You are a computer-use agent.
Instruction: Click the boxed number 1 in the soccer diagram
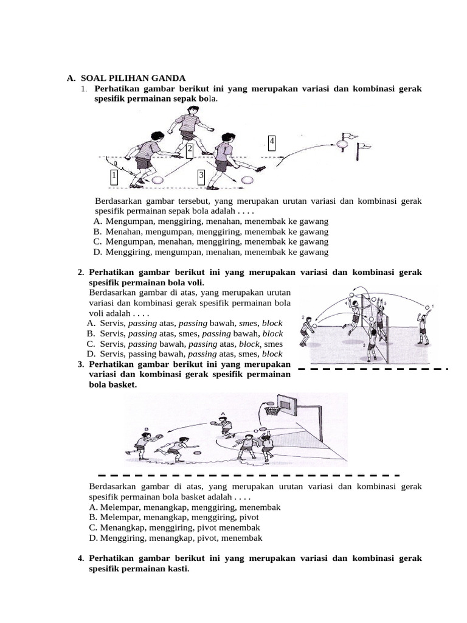point(114,177)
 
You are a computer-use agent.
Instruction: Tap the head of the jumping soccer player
point(193,111)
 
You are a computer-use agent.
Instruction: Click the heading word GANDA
point(166,78)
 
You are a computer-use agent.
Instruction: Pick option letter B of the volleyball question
point(91,333)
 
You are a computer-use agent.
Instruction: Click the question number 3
point(80,364)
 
